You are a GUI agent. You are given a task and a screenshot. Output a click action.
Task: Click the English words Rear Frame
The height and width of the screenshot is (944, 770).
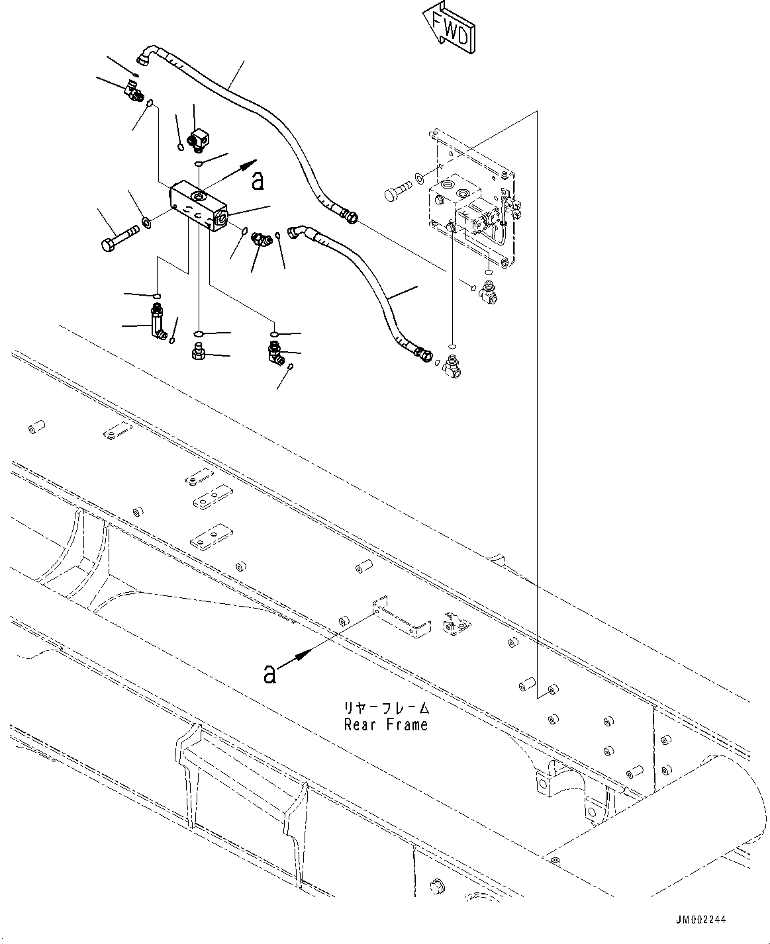386,724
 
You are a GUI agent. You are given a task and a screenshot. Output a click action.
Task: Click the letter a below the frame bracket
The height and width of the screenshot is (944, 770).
269,673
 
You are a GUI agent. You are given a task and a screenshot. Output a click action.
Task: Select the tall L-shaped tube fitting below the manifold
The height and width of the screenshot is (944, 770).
157,322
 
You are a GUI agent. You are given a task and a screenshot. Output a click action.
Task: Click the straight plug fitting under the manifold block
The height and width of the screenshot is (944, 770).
197,351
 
